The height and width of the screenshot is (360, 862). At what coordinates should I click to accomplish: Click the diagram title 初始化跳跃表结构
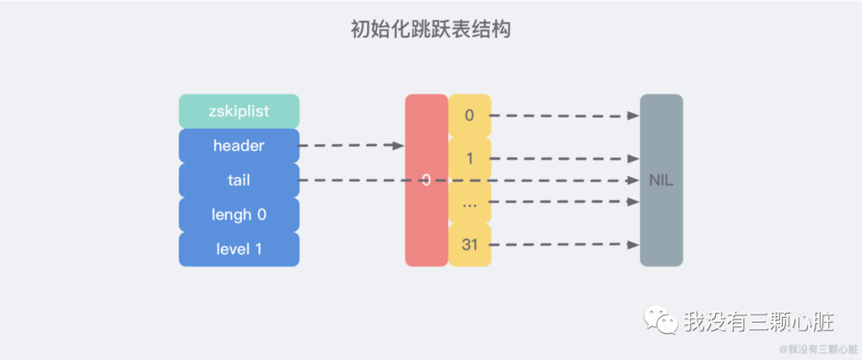pyautogui.click(x=430, y=30)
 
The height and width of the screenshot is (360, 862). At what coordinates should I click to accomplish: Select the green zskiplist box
pyautogui.click(x=239, y=112)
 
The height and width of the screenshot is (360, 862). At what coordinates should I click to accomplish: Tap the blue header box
pyautogui.click(x=239, y=146)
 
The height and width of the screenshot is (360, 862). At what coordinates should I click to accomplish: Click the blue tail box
pyautogui.click(x=239, y=180)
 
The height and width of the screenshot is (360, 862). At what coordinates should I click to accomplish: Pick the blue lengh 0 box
pyautogui.click(x=239, y=215)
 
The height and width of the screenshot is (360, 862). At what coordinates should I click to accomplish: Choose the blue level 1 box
pyautogui.click(x=239, y=249)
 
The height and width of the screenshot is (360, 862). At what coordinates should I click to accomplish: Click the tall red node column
pyautogui.click(x=425, y=216)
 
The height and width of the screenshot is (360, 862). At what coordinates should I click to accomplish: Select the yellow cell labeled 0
pyautogui.click(x=469, y=116)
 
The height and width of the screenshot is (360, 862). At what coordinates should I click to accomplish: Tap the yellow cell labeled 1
pyautogui.click(x=469, y=159)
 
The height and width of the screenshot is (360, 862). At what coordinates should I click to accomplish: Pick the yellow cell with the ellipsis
pyautogui.click(x=469, y=202)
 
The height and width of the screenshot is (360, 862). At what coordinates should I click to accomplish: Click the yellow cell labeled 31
pyautogui.click(x=469, y=245)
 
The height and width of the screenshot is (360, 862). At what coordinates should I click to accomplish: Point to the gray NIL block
pyautogui.click(x=661, y=180)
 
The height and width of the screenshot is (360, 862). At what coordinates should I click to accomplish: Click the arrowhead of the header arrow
pyautogui.click(x=398, y=146)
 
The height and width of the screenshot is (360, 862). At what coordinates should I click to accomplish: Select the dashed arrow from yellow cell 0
pyautogui.click(x=563, y=116)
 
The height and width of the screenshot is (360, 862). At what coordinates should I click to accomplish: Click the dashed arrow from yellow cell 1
pyautogui.click(x=563, y=159)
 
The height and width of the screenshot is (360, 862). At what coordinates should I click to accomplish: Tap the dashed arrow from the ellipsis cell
pyautogui.click(x=563, y=202)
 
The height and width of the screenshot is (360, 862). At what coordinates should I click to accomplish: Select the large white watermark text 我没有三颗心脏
pyautogui.click(x=758, y=322)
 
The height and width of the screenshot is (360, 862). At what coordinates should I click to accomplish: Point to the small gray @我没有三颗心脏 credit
pyautogui.click(x=817, y=349)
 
